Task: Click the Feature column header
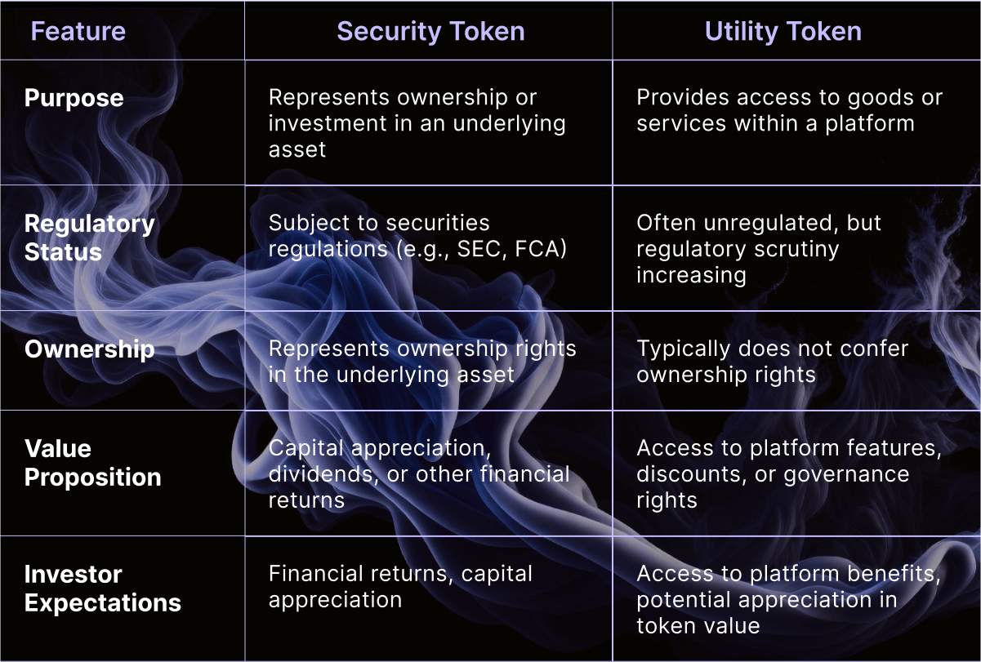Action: [78, 32]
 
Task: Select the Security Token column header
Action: [430, 32]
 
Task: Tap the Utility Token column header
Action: [783, 32]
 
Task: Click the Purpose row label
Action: [74, 99]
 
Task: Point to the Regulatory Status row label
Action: [90, 238]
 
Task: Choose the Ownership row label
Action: [90, 349]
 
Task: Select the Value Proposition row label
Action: [93, 463]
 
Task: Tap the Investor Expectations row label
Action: [102, 589]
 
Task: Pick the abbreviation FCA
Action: [537, 248]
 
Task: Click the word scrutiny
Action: [796, 251]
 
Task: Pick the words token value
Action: [698, 626]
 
